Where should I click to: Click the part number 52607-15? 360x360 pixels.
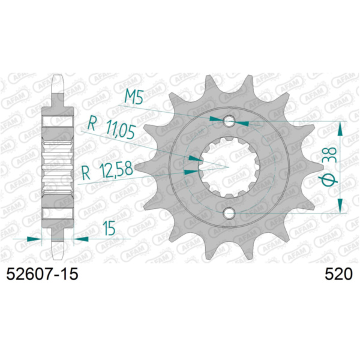[x=42, y=274]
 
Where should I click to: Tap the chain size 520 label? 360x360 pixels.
[x=338, y=274]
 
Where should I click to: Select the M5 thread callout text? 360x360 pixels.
[x=134, y=97]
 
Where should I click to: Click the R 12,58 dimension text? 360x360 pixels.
[x=107, y=170]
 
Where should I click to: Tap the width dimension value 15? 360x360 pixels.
[x=109, y=228]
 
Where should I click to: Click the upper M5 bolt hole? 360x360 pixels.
[x=229, y=121]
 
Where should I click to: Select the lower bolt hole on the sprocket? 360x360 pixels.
[x=229, y=213]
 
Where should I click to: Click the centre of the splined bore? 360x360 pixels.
[x=229, y=167]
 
